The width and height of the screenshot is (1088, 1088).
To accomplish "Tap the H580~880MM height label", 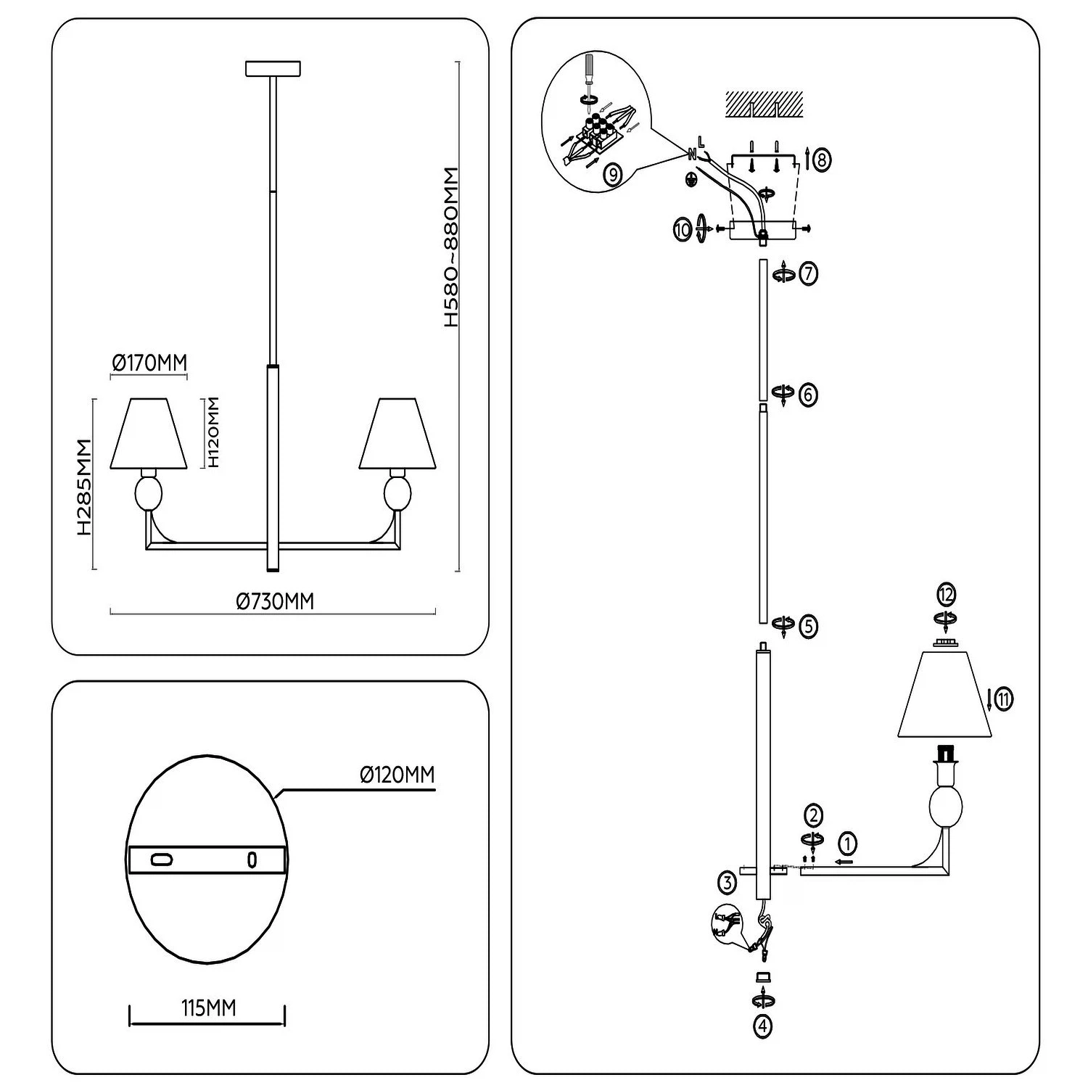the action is click(x=451, y=247).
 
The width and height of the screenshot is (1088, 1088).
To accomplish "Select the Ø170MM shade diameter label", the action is click(x=149, y=363).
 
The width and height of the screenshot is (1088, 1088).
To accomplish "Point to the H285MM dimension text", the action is click(x=84, y=487).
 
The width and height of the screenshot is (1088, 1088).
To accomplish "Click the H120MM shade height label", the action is click(x=213, y=432).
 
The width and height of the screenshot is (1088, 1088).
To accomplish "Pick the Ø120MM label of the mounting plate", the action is click(x=397, y=775).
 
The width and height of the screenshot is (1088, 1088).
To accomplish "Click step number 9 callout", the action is click(x=612, y=174).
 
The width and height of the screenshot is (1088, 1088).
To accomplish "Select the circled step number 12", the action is click(x=945, y=595).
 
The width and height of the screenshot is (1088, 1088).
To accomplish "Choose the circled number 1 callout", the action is click(x=847, y=844).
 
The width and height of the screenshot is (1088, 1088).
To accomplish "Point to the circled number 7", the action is click(x=808, y=273).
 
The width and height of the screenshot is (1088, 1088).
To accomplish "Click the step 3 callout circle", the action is click(x=728, y=883).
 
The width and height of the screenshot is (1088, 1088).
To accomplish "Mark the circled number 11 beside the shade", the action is click(x=1003, y=699).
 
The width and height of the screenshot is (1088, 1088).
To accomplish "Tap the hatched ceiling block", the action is click(x=765, y=104).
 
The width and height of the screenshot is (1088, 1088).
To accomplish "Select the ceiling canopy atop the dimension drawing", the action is click(x=273, y=69).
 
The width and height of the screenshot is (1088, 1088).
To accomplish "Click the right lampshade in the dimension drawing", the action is click(x=397, y=433).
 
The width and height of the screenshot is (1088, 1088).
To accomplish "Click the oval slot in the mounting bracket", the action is click(x=161, y=860).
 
